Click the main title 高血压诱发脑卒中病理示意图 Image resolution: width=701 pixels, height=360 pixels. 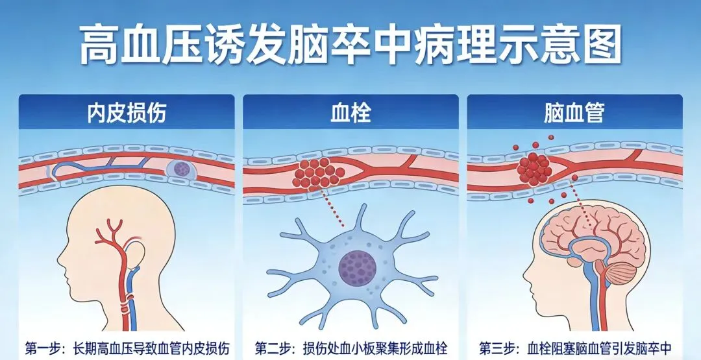(350, 45)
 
